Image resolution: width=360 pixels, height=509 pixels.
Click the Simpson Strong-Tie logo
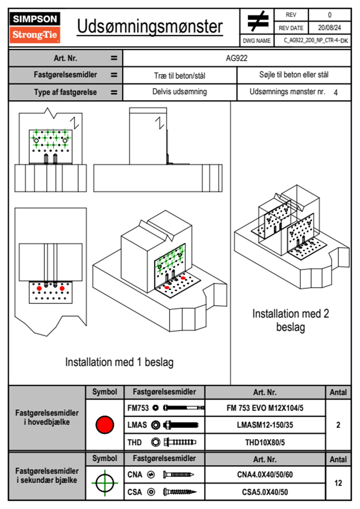(34, 27)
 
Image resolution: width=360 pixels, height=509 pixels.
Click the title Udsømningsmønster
(150, 27)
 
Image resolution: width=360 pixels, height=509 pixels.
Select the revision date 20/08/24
(329, 28)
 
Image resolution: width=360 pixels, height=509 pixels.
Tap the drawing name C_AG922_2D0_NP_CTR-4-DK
(316, 41)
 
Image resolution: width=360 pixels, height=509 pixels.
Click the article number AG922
(237, 58)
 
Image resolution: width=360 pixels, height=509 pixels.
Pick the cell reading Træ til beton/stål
(180, 76)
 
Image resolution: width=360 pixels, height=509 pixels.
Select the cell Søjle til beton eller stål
(294, 75)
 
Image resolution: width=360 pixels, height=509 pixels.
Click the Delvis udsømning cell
(180, 92)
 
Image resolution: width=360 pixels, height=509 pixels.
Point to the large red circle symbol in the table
(105, 425)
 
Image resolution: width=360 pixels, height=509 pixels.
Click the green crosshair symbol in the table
(105, 483)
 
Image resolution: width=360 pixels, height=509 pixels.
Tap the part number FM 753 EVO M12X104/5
(265, 408)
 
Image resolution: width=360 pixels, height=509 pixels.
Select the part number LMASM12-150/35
(265, 425)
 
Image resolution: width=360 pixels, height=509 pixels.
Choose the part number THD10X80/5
(265, 442)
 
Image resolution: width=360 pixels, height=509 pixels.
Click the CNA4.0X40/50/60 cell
(265, 475)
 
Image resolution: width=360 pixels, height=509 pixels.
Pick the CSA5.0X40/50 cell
(265, 492)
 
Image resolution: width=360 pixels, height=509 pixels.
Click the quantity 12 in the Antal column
(338, 483)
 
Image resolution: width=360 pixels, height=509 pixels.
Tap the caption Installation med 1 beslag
(119, 362)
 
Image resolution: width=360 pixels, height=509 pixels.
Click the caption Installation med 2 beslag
(290, 320)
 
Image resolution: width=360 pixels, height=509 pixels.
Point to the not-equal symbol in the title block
(258, 21)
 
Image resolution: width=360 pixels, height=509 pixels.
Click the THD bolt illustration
(180, 442)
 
